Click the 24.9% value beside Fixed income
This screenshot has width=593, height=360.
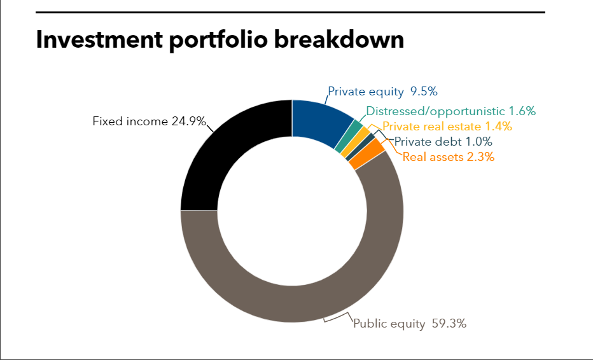coord(189,121)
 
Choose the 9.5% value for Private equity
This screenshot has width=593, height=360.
coord(424,92)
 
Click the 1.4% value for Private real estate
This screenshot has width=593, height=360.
coord(498,126)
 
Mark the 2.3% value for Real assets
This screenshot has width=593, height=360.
coord(480,156)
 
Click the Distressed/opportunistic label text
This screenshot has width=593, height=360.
coord(435,111)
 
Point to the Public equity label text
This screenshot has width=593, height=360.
coord(389,324)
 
